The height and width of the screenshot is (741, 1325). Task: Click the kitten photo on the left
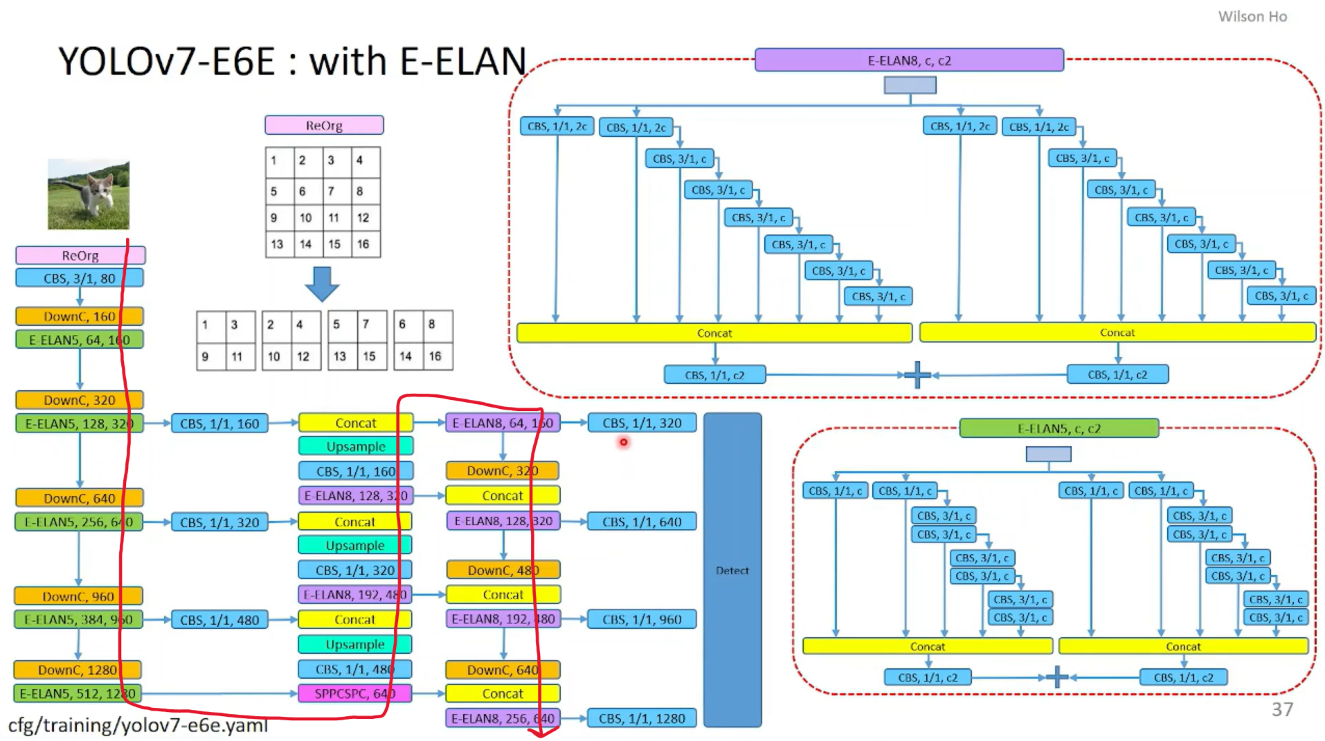[x=88, y=194]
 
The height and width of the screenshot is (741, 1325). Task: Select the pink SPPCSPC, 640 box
[x=354, y=693]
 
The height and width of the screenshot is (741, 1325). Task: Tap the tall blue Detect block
[x=732, y=570]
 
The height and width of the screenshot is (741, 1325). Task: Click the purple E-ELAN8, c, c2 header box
[x=909, y=60]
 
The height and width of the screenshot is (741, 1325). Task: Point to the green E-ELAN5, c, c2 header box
[x=1058, y=428]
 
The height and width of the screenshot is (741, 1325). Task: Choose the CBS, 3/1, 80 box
[x=80, y=278]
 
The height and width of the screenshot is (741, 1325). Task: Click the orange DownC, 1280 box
[x=78, y=670]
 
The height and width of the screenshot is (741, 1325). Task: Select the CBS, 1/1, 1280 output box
[x=642, y=718]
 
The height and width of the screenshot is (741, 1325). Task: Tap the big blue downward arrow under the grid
[x=322, y=284]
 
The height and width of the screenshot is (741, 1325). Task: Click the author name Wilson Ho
[x=1252, y=17]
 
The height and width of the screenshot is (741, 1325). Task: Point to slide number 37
[x=1282, y=709]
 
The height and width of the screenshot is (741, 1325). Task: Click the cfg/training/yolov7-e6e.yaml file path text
[x=138, y=725]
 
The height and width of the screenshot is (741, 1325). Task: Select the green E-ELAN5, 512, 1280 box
[x=78, y=693]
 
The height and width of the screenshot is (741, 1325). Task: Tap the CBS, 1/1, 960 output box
[x=642, y=619]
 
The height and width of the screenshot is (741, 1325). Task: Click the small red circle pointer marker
[x=624, y=442]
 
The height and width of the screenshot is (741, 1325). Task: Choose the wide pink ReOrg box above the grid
[x=324, y=125]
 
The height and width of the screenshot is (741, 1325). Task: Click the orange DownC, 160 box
[x=80, y=316]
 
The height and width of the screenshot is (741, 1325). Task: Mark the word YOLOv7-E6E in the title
[x=166, y=62]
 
